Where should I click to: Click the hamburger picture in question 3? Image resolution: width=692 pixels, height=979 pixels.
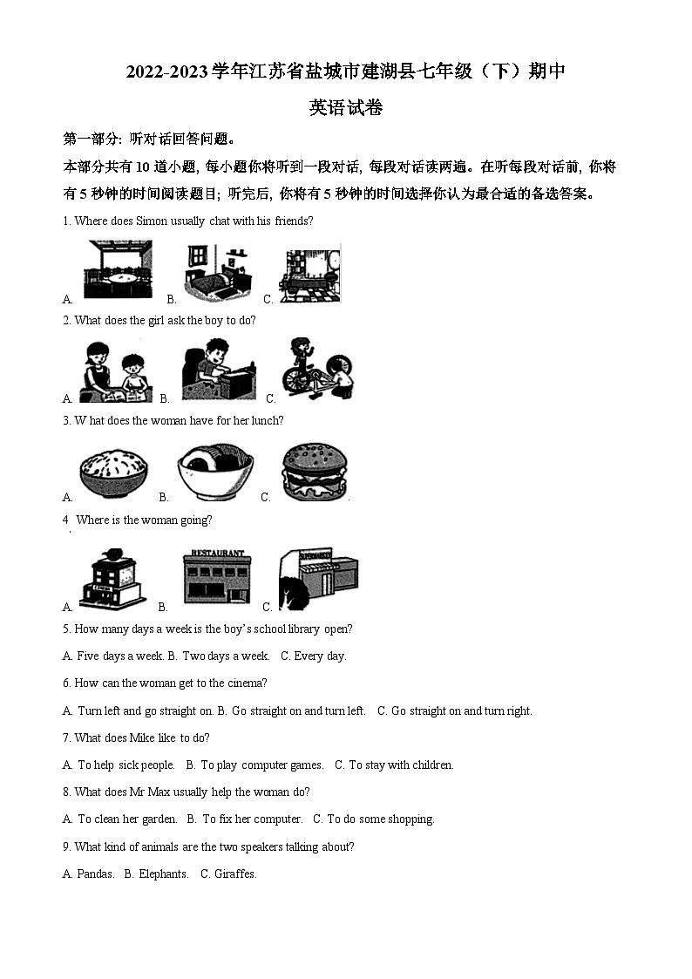click(315, 473)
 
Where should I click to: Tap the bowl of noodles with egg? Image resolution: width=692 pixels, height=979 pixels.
click(214, 473)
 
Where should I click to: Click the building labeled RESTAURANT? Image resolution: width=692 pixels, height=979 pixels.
click(217, 578)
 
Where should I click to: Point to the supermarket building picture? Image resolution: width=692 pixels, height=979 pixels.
click(318, 578)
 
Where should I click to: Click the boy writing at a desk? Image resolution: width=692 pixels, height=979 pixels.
click(219, 370)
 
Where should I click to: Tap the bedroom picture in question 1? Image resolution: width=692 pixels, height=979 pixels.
click(219, 271)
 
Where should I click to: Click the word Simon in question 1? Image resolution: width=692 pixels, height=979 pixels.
click(151, 221)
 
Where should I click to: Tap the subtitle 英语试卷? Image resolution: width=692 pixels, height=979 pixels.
click(346, 108)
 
